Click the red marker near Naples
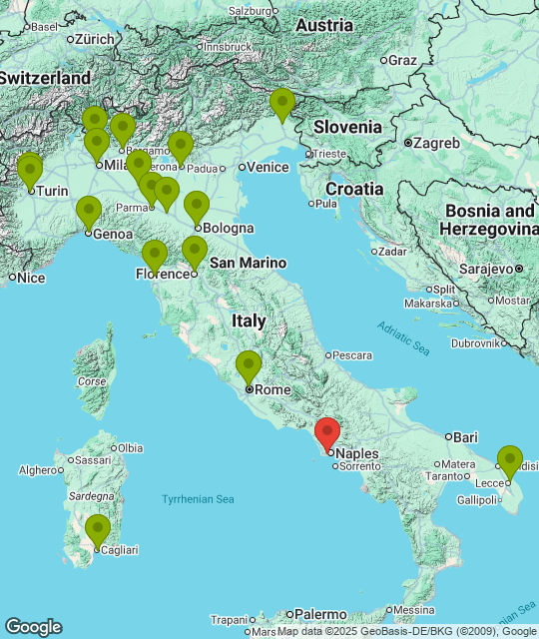coord(327,434)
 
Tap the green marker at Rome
coord(249,366)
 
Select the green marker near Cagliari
coord(97,529)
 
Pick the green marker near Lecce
coord(510,461)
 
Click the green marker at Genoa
coord(89,212)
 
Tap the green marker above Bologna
coord(197,207)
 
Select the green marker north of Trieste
coord(282,104)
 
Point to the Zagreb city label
coord(436,143)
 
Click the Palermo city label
coord(318,614)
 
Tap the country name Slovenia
coord(347,127)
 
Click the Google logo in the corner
coord(33,627)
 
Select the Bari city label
coord(465,437)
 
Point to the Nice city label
coord(32,277)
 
